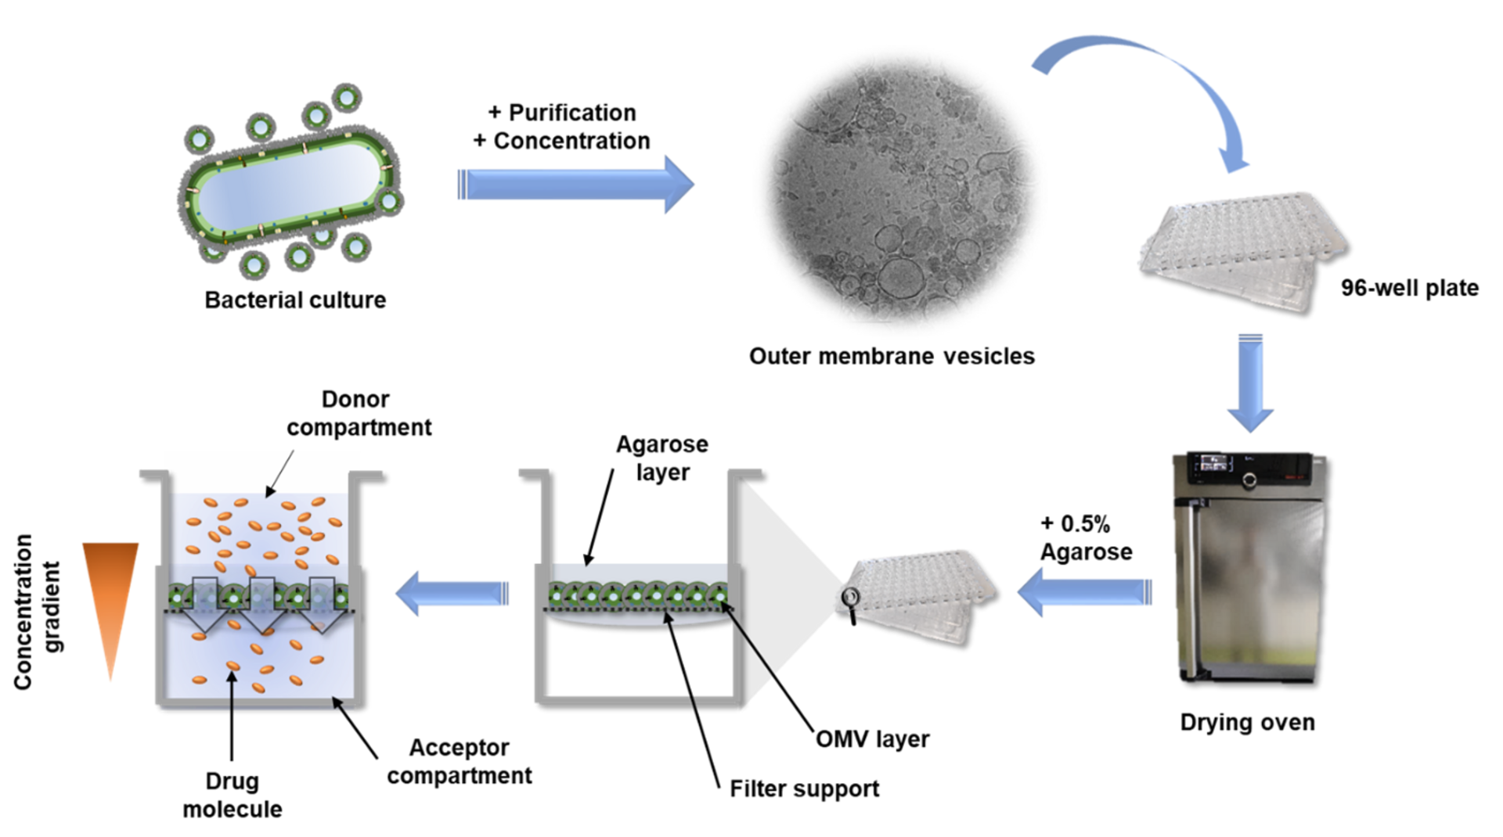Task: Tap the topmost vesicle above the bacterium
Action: pyautogui.click(x=346, y=97)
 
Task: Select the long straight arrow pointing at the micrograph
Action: pyautogui.click(x=575, y=185)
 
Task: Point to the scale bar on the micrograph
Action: pyautogui.click(x=864, y=322)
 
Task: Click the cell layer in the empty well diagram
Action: pyautogui.click(x=638, y=596)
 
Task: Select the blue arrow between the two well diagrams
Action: pyautogui.click(x=452, y=591)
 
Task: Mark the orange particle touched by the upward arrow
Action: pyautogui.click(x=233, y=666)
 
